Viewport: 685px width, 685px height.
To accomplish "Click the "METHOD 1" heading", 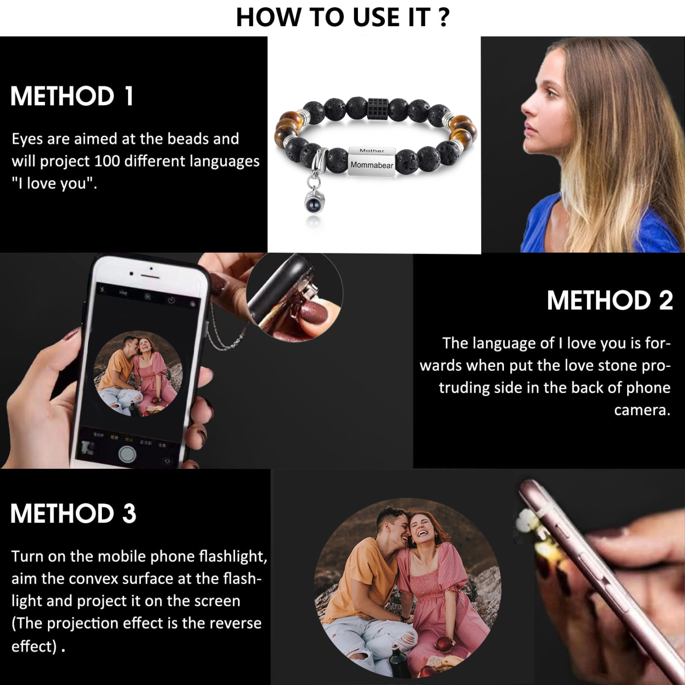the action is coord(72,96).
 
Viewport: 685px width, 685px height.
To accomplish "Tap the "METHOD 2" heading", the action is coord(610,301).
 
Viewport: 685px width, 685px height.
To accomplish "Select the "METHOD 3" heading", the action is coord(73,514).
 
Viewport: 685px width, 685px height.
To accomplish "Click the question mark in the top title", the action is coord(444,17).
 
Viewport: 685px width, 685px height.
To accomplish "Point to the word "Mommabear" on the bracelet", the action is coord(372,165).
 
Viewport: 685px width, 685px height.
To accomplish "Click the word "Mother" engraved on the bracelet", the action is coord(372,151).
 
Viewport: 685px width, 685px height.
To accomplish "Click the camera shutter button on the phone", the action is coord(127,454).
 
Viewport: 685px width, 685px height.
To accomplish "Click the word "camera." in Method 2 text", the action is coord(642,410).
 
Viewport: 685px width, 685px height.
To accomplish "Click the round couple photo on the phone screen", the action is coord(138,374).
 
